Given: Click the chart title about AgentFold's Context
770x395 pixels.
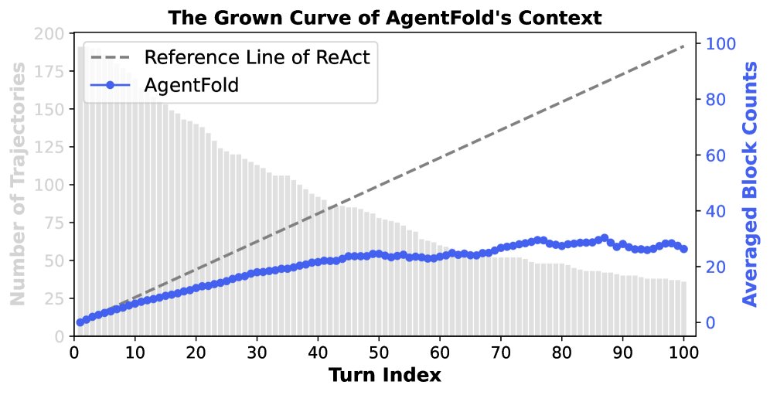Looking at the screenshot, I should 385,16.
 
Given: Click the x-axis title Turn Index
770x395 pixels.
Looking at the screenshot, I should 385,376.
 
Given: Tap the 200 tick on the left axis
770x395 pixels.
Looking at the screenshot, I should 52,34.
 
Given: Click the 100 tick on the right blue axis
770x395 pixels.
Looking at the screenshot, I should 718,44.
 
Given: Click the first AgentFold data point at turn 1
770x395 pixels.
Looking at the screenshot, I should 80,322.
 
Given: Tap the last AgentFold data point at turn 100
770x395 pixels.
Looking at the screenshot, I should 683,249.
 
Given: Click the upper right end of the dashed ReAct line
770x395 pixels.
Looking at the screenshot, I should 683,46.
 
